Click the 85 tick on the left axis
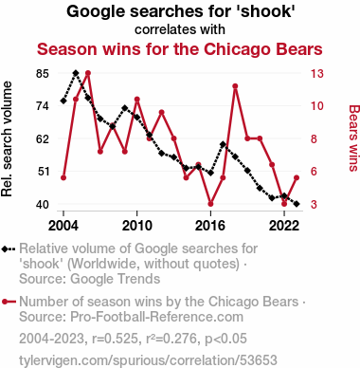(x=43, y=74)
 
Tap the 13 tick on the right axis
(x=317, y=74)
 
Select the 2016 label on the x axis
(x=210, y=226)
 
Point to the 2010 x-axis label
(x=136, y=226)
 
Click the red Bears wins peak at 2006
(x=88, y=73)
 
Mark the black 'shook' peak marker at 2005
(x=76, y=73)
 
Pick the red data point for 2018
(x=235, y=86)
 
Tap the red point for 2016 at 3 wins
(x=210, y=204)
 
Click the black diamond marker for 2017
(x=223, y=144)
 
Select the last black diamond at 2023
(x=297, y=204)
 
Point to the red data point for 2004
(x=63, y=177)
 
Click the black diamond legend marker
(x=9, y=248)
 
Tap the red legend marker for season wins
(x=9, y=302)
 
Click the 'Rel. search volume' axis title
(x=7, y=139)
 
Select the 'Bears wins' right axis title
(x=354, y=138)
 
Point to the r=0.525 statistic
(x=116, y=339)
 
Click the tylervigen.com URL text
(x=148, y=360)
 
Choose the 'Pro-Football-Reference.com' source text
(x=156, y=317)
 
